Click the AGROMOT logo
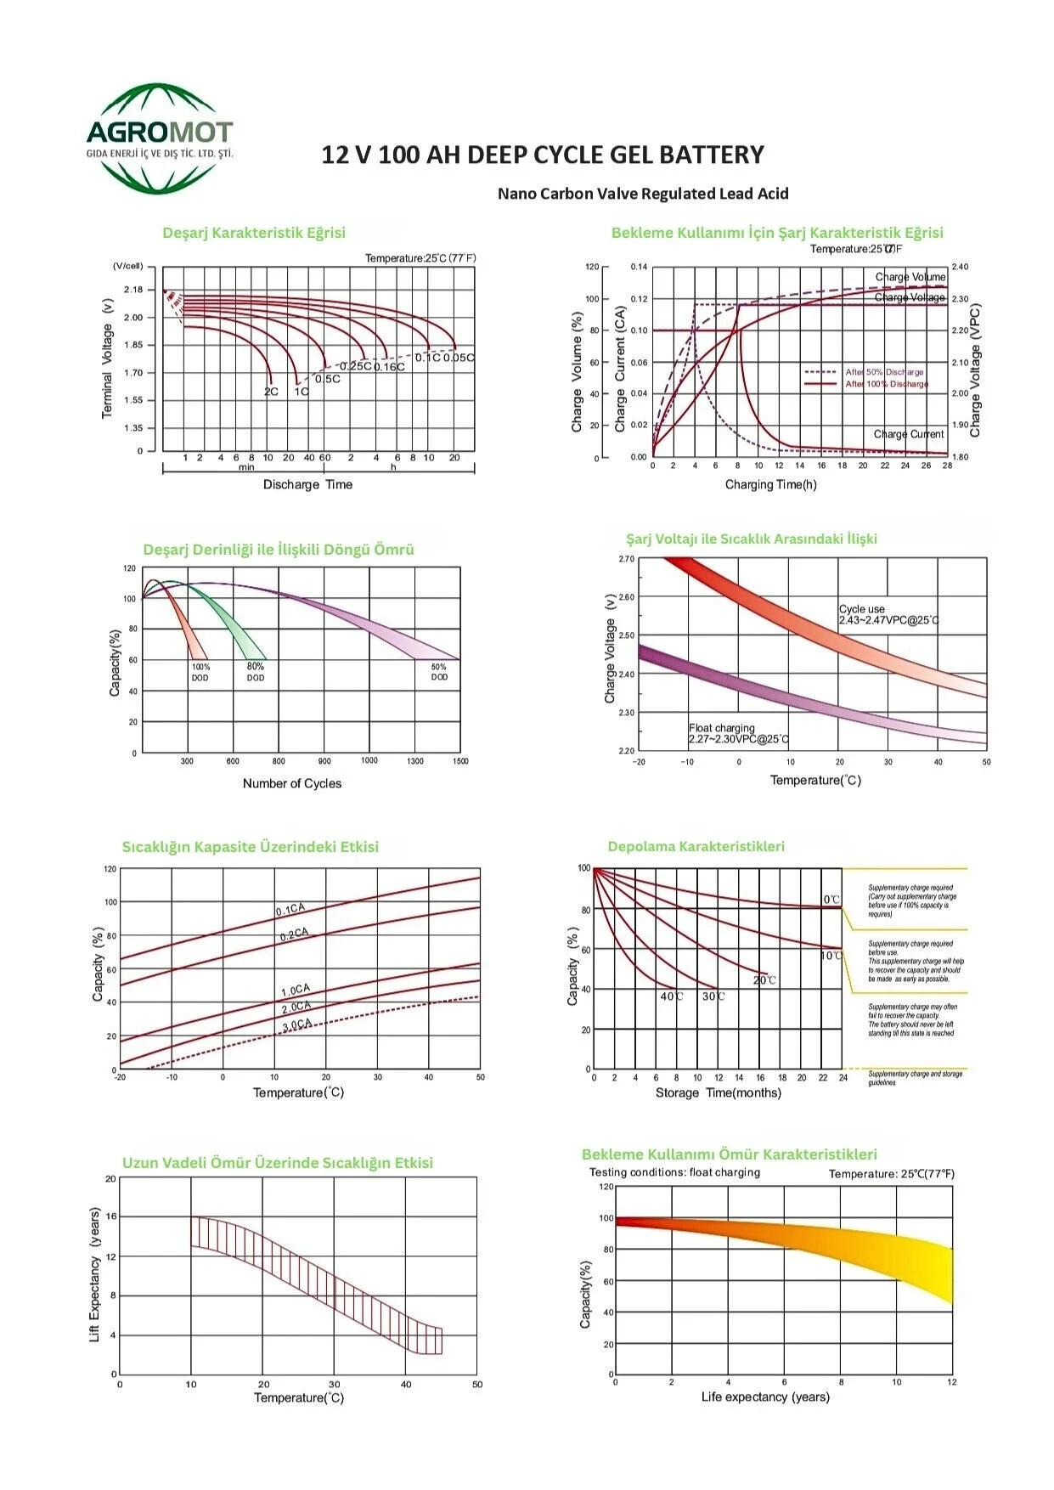[160, 138]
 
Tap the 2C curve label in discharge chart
[271, 392]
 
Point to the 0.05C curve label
[459, 358]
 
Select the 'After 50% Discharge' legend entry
[883, 372]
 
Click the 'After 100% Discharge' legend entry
[886, 384]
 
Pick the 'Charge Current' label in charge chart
[908, 434]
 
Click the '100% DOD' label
[200, 672]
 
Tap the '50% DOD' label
[439, 672]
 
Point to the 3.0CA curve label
[297, 1024]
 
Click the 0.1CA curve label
[290, 910]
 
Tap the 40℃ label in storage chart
[671, 996]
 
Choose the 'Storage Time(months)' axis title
[718, 1092]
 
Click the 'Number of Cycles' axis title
[292, 783]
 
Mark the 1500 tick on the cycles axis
[460, 761]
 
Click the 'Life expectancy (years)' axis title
[764, 1397]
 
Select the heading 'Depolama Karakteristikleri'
[696, 846]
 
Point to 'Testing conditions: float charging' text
[674, 1172]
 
